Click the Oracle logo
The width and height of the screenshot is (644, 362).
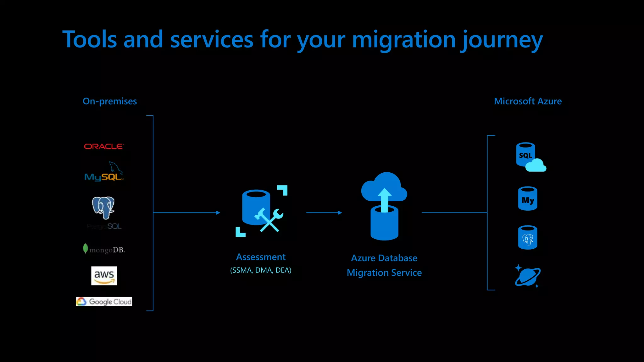[x=104, y=146]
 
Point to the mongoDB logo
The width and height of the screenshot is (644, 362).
[x=104, y=249]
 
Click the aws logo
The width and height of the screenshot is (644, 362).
[x=104, y=276]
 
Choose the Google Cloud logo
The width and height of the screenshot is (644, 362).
[x=104, y=301]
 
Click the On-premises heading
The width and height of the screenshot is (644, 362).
[x=109, y=101]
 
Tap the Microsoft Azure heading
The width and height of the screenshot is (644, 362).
[x=528, y=101]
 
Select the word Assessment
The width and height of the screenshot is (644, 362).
[x=261, y=257]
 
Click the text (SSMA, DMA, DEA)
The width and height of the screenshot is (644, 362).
[x=261, y=270]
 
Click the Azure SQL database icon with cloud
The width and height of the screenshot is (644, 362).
[x=530, y=157]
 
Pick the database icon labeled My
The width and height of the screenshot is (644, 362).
[x=528, y=199]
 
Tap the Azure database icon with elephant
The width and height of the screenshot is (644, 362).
[x=528, y=238]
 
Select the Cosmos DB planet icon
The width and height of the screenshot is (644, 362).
[x=528, y=276]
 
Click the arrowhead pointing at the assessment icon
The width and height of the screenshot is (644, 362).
[x=218, y=213]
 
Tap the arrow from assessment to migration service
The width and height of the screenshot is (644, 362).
[x=324, y=213]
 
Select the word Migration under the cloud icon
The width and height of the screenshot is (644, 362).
[x=365, y=273]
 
